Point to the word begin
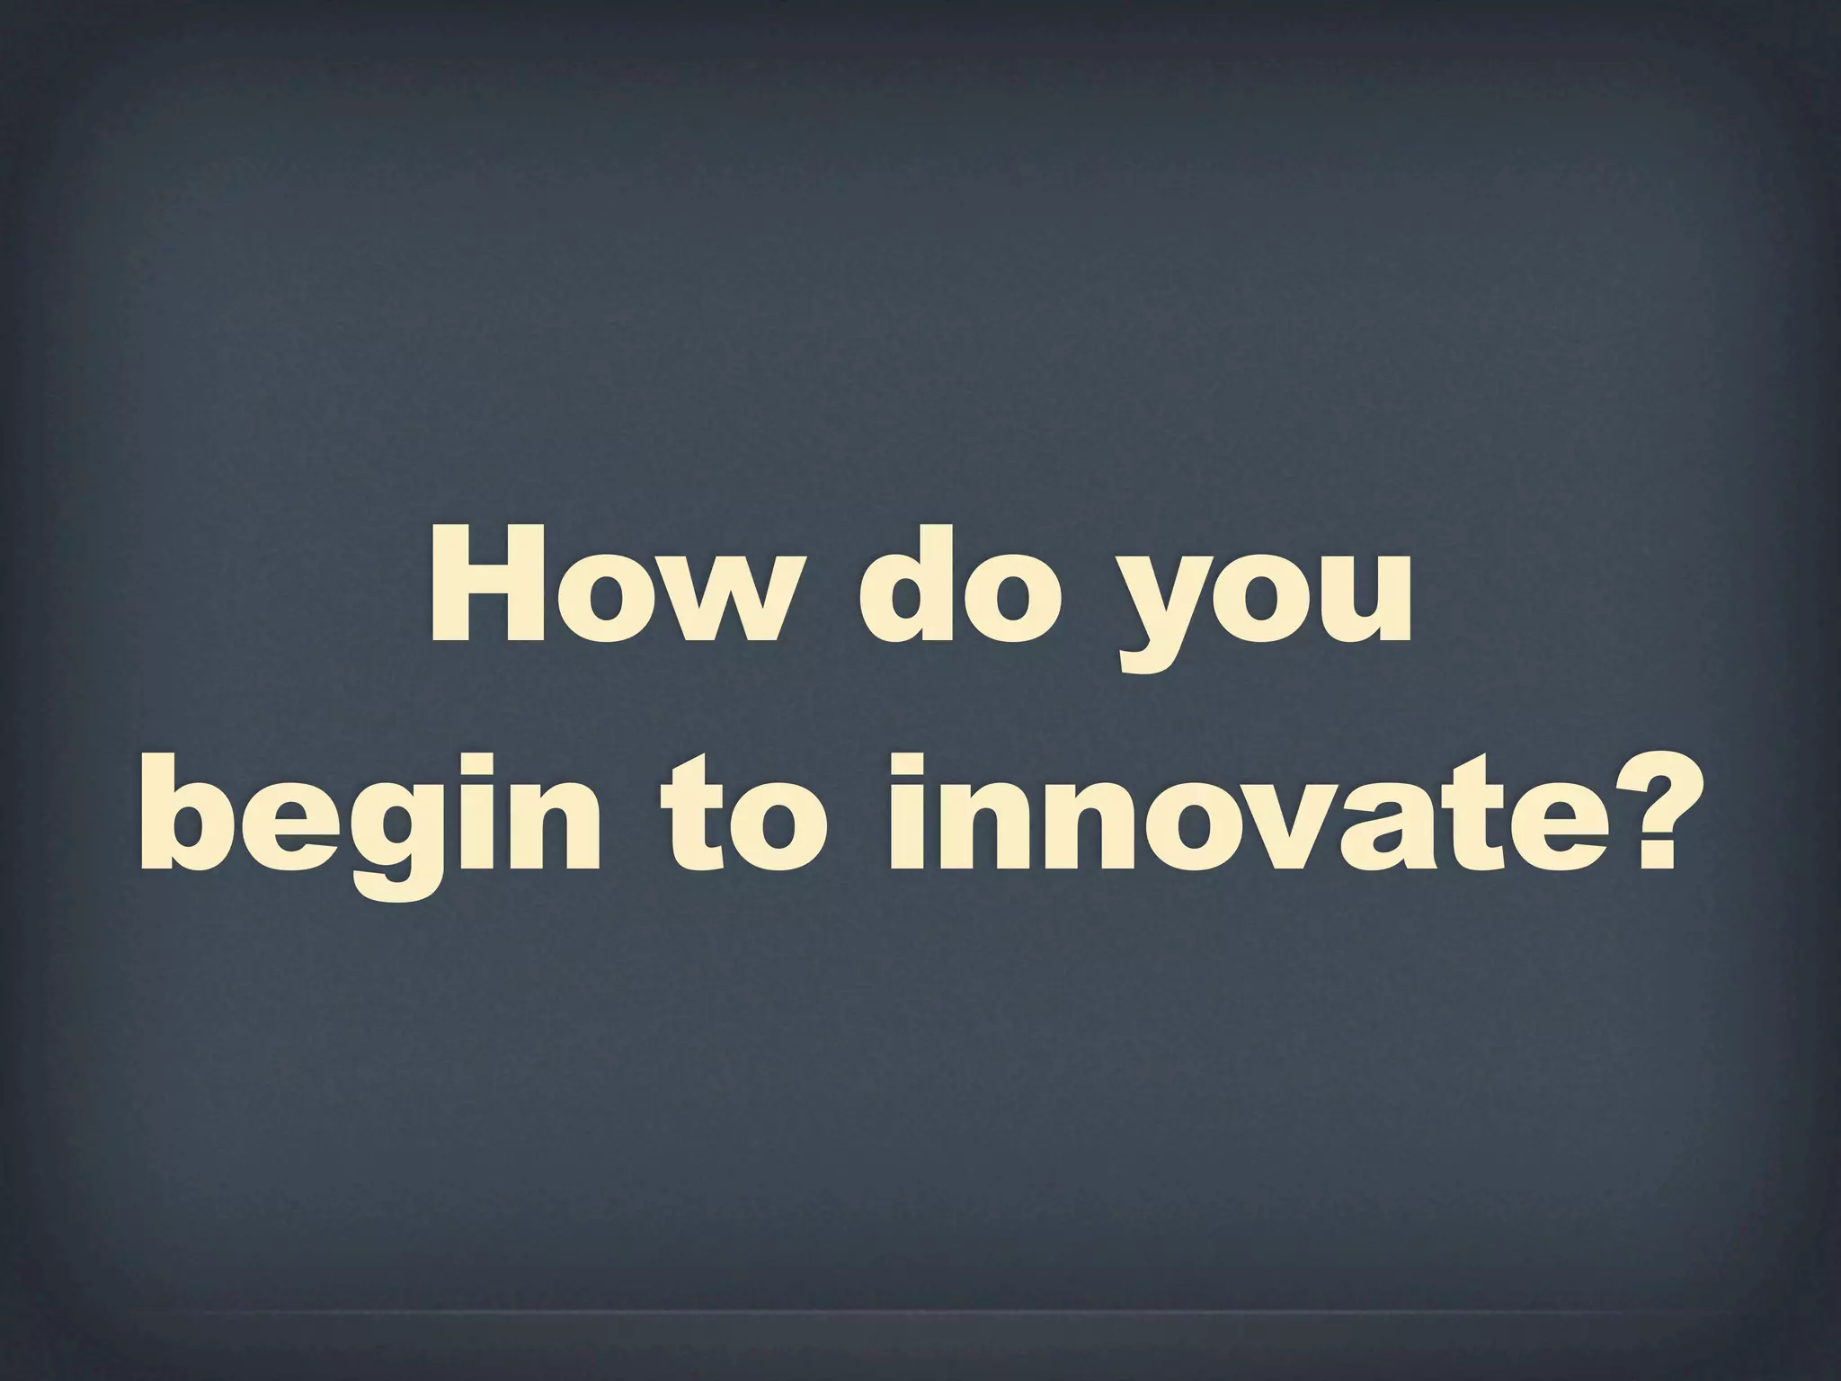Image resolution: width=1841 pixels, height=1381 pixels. [369, 814]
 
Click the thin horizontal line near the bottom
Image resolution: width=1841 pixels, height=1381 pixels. [920, 1314]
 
